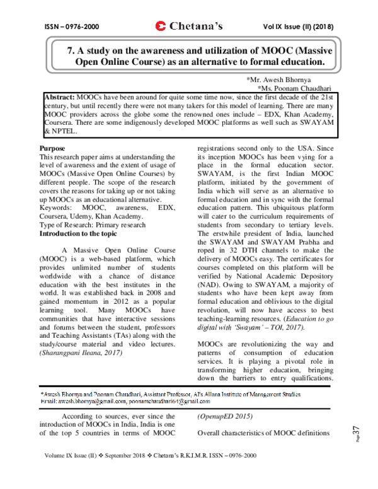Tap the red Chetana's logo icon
[159, 26]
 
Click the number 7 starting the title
[70, 51]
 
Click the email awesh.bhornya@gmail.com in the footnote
[92, 401]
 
